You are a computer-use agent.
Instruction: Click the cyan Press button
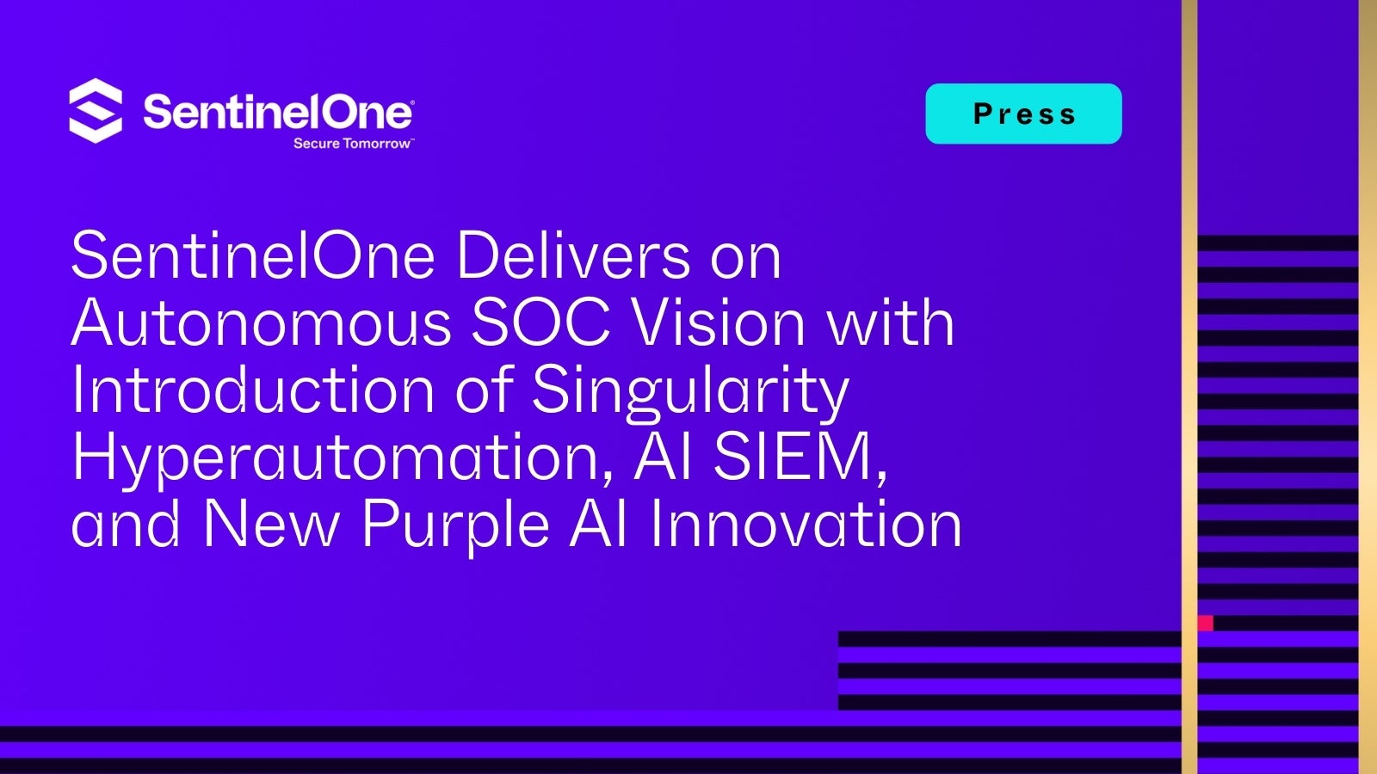tap(1023, 114)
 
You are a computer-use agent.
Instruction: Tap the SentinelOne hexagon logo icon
tap(96, 111)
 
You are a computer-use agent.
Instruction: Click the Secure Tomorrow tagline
tap(352, 143)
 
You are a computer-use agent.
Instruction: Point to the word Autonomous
tap(262, 322)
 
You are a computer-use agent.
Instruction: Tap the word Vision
tap(718, 322)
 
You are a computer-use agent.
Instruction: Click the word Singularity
tap(690, 393)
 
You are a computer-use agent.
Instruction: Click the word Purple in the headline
tap(455, 527)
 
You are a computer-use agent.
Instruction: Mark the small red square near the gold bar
tap(1206, 623)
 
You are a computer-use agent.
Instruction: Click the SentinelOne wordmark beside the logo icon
tap(279, 112)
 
